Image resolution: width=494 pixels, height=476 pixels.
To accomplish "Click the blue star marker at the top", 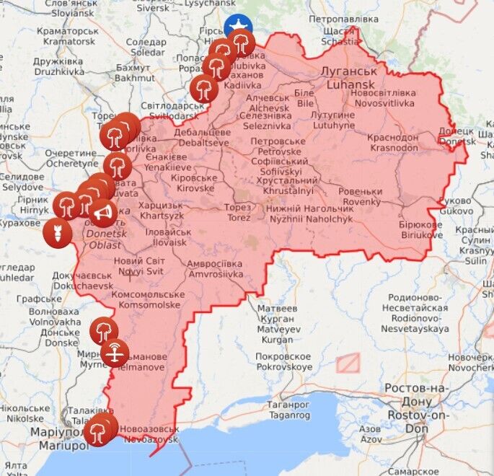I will pos(237,27).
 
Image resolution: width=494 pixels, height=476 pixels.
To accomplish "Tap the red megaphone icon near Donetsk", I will pos(103,212).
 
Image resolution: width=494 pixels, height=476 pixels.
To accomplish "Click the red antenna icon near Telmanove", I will pos(115,353).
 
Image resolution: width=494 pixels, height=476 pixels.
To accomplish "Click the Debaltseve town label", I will pos(204,138).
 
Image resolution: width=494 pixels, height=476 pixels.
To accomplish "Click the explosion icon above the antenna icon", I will pos(104,331).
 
